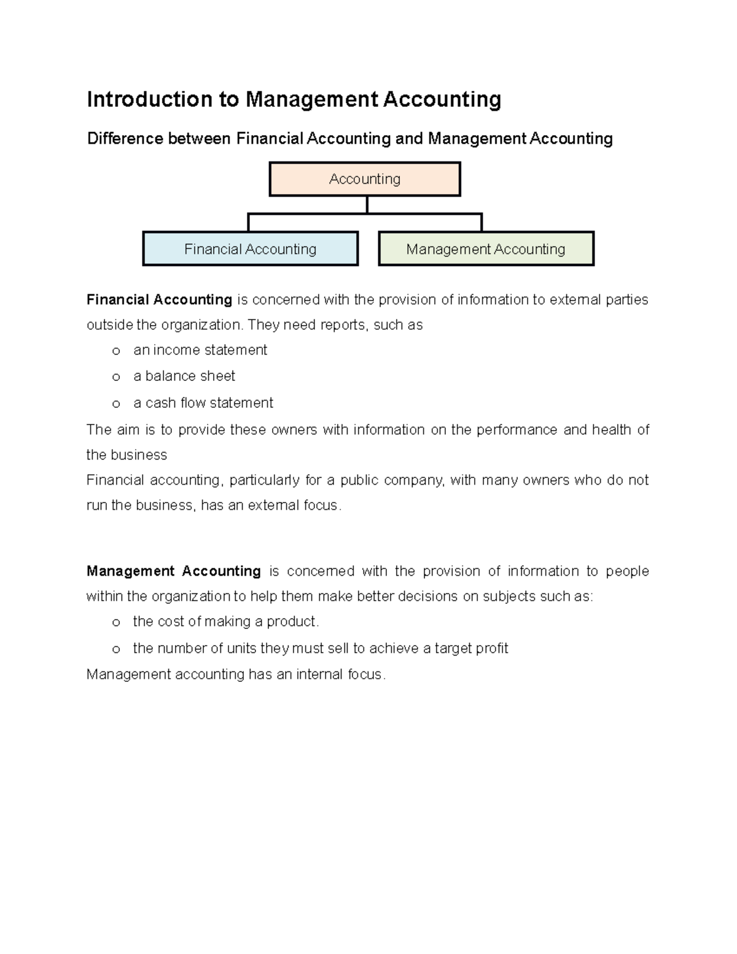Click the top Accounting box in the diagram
365,179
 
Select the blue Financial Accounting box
250,249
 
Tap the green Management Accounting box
486,249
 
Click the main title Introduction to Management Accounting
294,99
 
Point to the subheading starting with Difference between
349,139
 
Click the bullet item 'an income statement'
200,350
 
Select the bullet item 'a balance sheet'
184,376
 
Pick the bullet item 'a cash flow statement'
203,403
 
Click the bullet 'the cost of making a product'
226,622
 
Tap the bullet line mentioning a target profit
321,649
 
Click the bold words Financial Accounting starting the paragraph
159,300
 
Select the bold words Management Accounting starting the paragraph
174,571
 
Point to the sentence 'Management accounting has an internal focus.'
236,674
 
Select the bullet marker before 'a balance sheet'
115,377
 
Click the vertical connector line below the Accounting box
367,205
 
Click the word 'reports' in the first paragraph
343,325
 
